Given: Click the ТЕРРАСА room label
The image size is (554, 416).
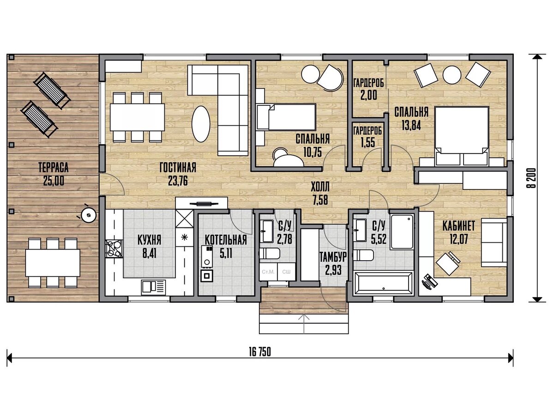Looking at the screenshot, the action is click(x=54, y=168).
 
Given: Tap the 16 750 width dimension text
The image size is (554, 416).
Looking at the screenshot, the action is click(x=260, y=352).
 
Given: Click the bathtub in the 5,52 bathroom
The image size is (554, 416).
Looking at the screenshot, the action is click(x=383, y=282).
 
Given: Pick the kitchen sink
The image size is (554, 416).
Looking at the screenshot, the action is click(x=153, y=288).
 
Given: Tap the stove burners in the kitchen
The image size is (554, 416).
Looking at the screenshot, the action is click(x=114, y=249).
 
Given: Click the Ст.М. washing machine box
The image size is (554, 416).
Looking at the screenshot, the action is click(x=268, y=271).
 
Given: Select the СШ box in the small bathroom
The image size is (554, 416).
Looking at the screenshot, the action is click(x=286, y=271).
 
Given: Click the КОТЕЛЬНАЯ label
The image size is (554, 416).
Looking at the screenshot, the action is click(x=226, y=240).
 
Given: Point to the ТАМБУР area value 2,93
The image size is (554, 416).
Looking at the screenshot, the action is click(x=333, y=270).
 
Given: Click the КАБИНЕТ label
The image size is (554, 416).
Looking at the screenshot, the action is click(x=458, y=226).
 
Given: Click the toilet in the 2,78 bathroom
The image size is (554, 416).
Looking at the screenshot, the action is click(x=269, y=253).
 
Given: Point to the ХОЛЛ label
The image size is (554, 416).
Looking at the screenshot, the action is click(x=320, y=187).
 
